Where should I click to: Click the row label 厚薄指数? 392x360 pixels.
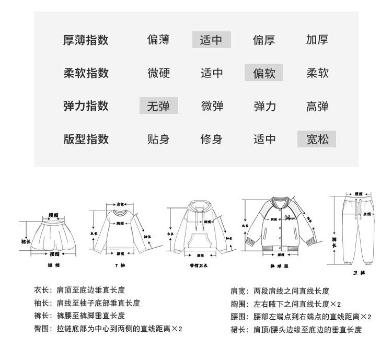tap(86, 40)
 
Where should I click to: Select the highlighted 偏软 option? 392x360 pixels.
tap(264, 73)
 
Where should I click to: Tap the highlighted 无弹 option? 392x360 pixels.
tap(158, 106)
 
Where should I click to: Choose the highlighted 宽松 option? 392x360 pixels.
tap(317, 139)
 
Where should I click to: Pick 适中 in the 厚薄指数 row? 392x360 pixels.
tap(211, 40)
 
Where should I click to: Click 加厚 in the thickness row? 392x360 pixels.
tap(317, 40)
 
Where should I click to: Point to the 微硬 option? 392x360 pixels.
tap(158, 73)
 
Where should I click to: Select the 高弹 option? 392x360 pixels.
tap(317, 106)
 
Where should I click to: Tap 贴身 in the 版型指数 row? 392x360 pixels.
tap(158, 139)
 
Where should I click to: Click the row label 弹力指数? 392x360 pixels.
tap(86, 106)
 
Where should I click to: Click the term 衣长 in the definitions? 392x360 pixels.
tap(41, 291)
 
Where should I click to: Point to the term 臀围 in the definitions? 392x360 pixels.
tap(41, 329)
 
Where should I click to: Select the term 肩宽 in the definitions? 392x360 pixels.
tap(238, 291)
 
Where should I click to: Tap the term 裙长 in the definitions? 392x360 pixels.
tap(238, 329)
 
